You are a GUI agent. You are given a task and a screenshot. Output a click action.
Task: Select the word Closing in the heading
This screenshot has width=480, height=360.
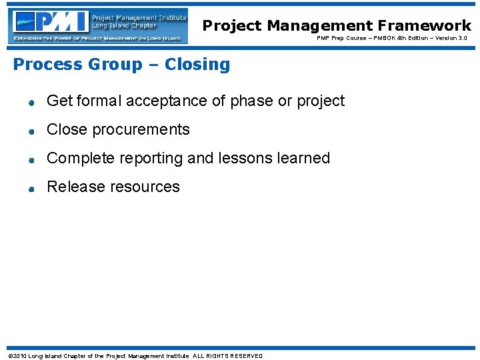(197, 65)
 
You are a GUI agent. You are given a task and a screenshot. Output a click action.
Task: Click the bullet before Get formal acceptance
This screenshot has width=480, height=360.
(31, 103)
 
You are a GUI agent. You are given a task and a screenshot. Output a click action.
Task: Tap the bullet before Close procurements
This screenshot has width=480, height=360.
(31, 131)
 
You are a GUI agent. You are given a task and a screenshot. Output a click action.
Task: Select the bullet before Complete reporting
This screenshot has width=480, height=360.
(31, 160)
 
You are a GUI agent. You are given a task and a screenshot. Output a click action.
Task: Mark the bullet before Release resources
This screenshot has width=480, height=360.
(31, 189)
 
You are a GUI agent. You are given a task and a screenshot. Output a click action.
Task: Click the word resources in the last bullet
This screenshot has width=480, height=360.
(147, 187)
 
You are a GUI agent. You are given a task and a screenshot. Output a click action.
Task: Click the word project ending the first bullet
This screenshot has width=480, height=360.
(321, 101)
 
